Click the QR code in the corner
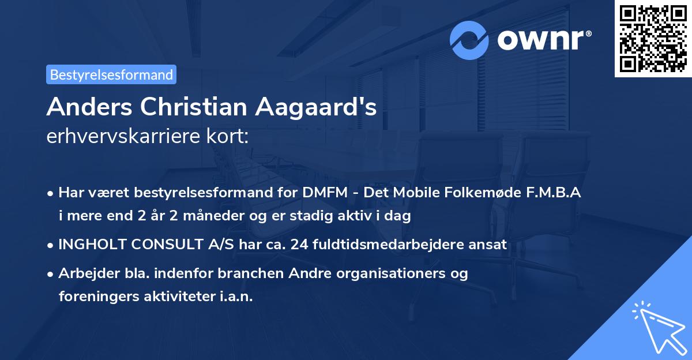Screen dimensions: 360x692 coord(652,39)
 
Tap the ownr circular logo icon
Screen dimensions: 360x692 coord(469,40)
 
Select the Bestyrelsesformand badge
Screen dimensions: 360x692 coord(111,74)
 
